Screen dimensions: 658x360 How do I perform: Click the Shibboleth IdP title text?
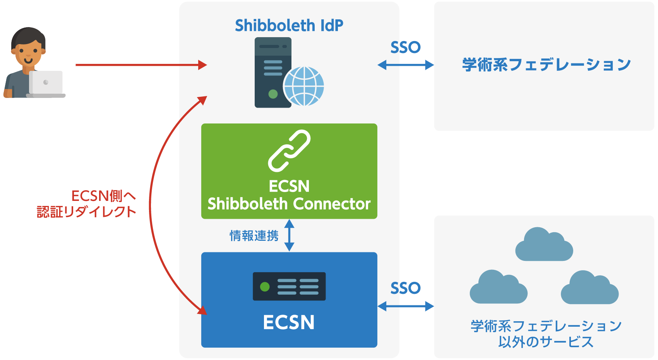(x=289, y=25)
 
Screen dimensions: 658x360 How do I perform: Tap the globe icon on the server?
(x=303, y=86)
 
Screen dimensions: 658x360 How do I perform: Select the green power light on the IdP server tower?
(x=273, y=94)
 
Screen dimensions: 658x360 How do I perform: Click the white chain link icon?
(x=290, y=151)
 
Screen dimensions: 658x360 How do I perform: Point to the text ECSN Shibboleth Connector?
(x=289, y=195)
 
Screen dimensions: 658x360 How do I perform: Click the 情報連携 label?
(x=254, y=236)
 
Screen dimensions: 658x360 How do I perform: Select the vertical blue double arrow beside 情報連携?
(x=290, y=235)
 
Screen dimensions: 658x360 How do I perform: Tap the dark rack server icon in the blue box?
(x=290, y=286)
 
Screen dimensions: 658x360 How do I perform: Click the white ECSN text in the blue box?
(x=289, y=322)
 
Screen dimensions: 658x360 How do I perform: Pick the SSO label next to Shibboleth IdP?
(x=405, y=47)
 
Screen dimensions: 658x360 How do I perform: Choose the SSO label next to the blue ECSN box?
(x=405, y=288)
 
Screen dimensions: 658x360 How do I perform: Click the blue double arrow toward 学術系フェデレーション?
(x=406, y=65)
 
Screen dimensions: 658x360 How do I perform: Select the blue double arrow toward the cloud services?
(x=406, y=306)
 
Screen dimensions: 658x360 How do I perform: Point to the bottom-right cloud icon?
(x=590, y=288)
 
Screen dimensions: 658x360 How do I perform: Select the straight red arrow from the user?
(x=141, y=65)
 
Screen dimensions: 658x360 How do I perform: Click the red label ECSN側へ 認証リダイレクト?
(x=86, y=204)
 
